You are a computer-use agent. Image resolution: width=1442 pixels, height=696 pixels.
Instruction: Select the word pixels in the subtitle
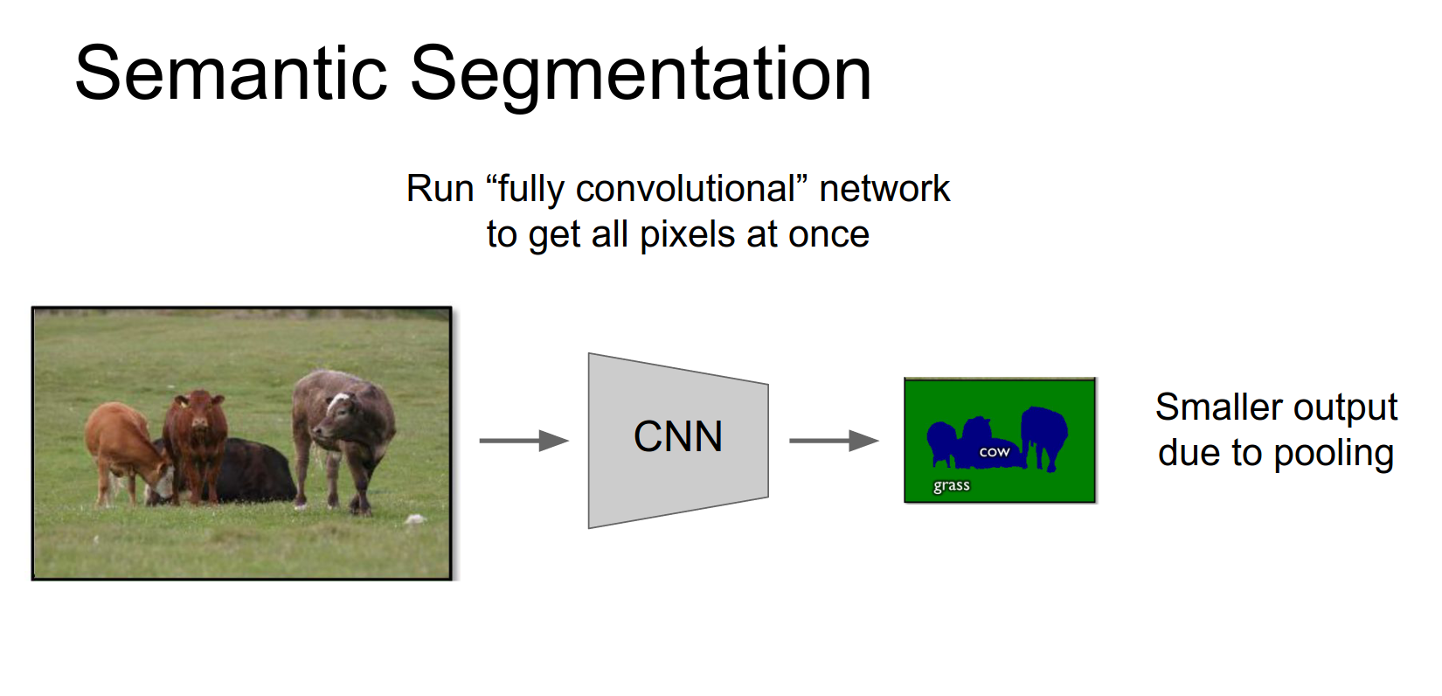click(687, 234)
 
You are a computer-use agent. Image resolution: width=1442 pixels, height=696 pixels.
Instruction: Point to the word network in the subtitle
click(884, 189)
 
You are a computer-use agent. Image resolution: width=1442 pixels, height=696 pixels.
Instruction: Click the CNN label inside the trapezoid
click(678, 436)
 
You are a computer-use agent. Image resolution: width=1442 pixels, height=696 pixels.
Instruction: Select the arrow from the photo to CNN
click(524, 441)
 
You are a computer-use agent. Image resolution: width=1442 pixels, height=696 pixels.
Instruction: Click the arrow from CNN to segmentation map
click(834, 441)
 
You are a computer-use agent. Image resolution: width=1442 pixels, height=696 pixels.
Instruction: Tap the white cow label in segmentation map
click(994, 453)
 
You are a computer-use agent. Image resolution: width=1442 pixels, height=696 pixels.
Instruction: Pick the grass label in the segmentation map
click(952, 485)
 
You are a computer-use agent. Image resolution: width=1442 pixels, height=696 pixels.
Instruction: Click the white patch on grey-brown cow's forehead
click(338, 402)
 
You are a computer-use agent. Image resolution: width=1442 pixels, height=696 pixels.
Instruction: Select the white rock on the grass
click(416, 519)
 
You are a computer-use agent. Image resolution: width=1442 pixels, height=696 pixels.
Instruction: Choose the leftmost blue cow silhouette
click(942, 442)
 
